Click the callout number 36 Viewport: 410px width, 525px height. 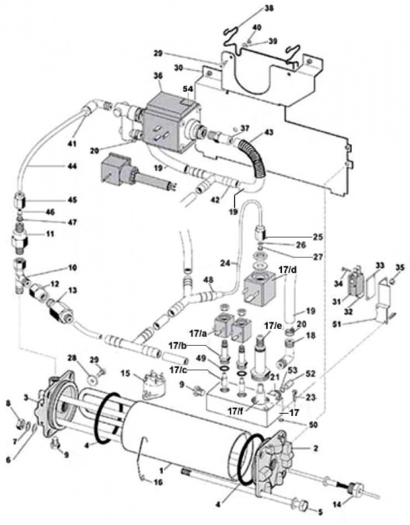[x=158, y=75]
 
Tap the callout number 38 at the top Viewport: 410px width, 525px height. [x=269, y=9]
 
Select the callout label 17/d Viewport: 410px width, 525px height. [x=288, y=269]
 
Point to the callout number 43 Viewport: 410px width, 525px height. [x=269, y=134]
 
